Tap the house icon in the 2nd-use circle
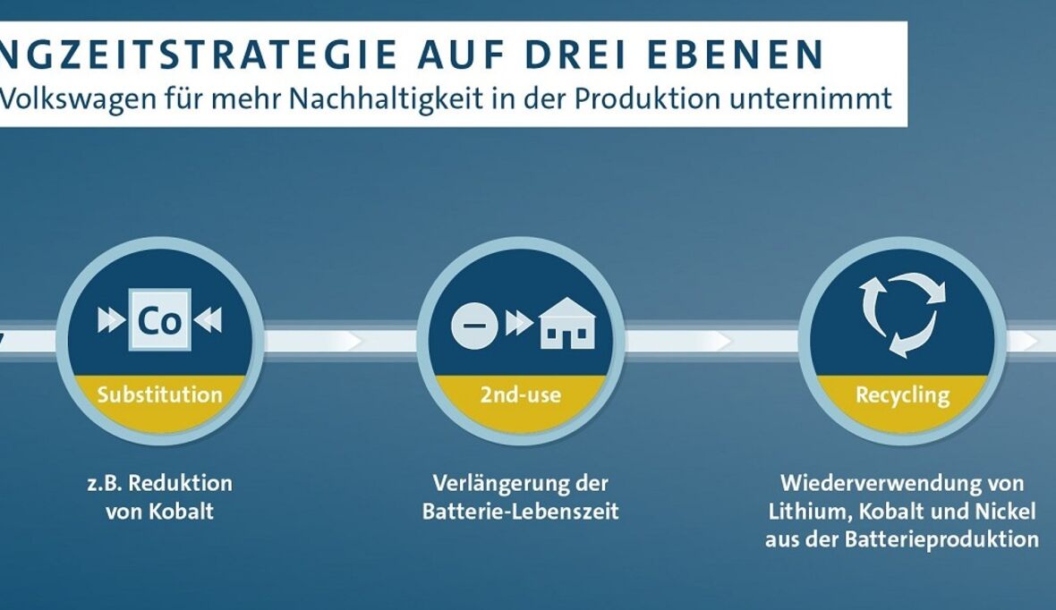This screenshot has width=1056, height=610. coord(566,323)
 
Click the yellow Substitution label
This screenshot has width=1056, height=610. coord(159,394)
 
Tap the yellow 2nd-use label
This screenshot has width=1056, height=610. coord(520,394)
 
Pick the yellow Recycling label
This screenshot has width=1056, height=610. coord(902,394)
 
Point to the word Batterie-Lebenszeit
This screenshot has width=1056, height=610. coord(520,513)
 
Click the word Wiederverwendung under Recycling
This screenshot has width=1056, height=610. coord(878,483)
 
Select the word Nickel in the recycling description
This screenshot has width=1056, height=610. coord(1003,512)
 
